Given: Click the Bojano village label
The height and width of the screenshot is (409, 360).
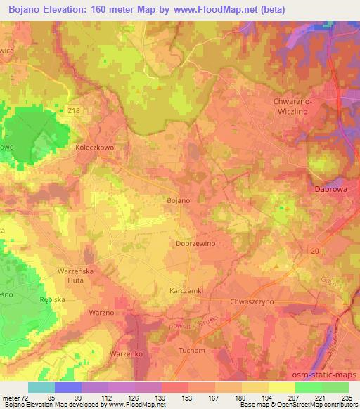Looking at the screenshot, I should pyautogui.click(x=178, y=201).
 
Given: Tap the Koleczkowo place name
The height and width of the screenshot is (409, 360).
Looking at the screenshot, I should pyautogui.click(x=94, y=149).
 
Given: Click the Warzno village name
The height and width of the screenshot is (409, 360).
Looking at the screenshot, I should pyautogui.click(x=101, y=311).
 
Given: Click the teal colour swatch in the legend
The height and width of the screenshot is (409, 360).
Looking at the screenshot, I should pyautogui.click(x=41, y=387).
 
